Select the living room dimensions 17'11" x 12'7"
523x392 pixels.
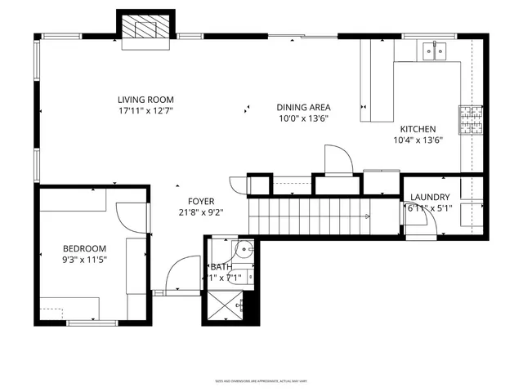point(146,109)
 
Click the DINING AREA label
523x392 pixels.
point(303,107)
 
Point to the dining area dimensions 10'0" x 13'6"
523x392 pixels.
point(303,118)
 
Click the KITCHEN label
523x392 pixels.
point(418,129)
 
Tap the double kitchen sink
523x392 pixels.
point(433,53)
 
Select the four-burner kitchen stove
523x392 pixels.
point(470,119)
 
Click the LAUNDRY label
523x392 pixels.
point(430,197)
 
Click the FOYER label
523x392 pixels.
point(200,201)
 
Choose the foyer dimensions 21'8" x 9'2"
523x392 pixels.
point(200,212)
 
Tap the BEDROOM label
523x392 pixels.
point(85,249)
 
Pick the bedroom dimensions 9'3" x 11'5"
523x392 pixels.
point(85,260)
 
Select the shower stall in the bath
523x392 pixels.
point(225,306)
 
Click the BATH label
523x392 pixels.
point(221,267)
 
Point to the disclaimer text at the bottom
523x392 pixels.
point(261,381)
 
